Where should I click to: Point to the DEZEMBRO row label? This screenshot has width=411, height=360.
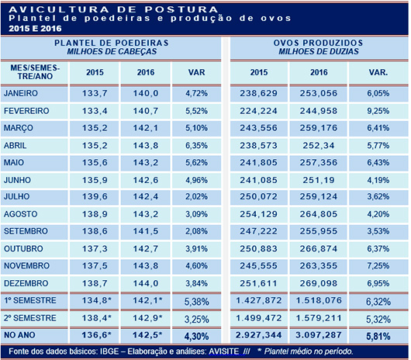[x=26, y=285]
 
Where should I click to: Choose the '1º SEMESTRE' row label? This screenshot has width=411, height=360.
[x=30, y=300]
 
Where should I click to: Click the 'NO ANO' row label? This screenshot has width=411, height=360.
[x=21, y=334]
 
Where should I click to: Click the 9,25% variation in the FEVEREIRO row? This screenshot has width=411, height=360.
[x=378, y=110]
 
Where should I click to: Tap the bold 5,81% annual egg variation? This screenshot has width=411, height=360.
[x=378, y=334]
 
